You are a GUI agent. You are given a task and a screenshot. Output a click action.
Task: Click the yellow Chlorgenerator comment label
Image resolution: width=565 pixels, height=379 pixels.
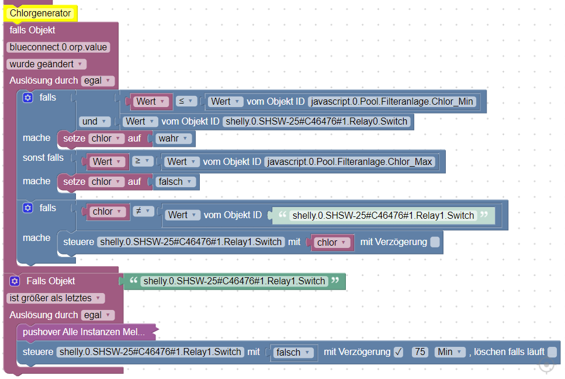pos(40,13)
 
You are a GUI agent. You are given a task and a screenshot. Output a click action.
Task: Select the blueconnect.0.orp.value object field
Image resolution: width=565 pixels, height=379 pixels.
pos(58,47)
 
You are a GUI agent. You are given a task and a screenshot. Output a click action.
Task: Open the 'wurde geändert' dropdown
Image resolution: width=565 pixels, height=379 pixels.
pos(47,64)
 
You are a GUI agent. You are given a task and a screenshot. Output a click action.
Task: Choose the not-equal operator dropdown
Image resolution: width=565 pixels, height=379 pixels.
pos(143,211)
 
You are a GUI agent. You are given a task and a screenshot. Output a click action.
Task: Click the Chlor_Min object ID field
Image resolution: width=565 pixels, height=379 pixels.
pos(392,101)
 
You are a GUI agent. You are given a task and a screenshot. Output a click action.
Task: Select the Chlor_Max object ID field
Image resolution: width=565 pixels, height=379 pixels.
pos(350,161)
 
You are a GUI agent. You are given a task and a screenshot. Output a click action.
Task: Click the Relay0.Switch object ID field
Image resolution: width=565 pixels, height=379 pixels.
pos(317,122)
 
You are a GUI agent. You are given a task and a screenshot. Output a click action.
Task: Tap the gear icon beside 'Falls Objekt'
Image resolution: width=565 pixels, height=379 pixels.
pos(15,281)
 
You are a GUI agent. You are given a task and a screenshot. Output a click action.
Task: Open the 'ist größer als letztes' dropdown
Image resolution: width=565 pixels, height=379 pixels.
pos(56,298)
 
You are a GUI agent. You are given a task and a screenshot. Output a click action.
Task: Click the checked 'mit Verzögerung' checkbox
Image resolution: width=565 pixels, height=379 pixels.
pos(398,352)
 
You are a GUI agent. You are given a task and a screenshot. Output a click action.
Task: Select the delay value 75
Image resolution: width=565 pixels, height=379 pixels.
pos(419,352)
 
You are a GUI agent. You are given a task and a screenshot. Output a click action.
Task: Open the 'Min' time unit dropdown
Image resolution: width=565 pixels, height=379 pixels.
pos(450,352)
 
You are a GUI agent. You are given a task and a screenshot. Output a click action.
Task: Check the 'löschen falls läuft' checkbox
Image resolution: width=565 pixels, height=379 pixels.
pos(552,352)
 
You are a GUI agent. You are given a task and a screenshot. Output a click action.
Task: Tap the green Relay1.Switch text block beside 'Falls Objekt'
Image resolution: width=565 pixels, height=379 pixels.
pos(234,281)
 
